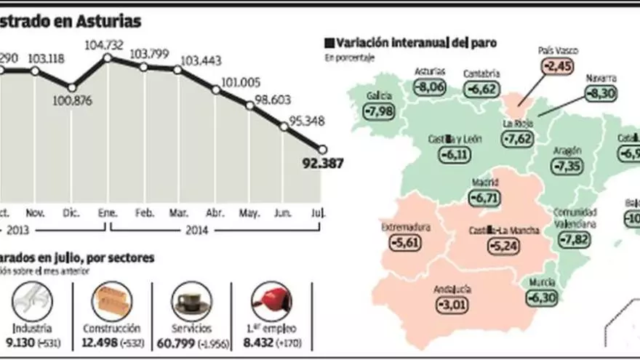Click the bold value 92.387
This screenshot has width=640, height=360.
[322, 164]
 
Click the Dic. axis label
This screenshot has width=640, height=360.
[72, 213]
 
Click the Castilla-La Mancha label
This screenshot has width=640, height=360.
[504, 231]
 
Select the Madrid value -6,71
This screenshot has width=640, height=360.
[484, 196]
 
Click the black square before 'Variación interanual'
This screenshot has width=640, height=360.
[329, 43]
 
